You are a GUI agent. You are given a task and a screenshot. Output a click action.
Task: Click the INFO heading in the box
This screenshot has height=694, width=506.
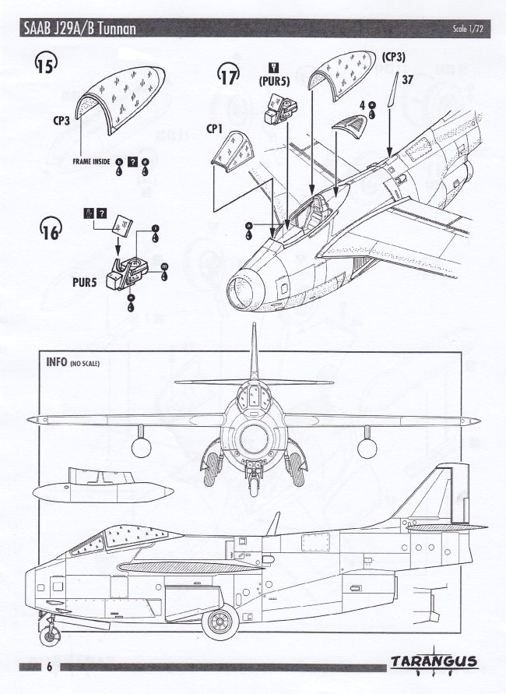tap(55, 362)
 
